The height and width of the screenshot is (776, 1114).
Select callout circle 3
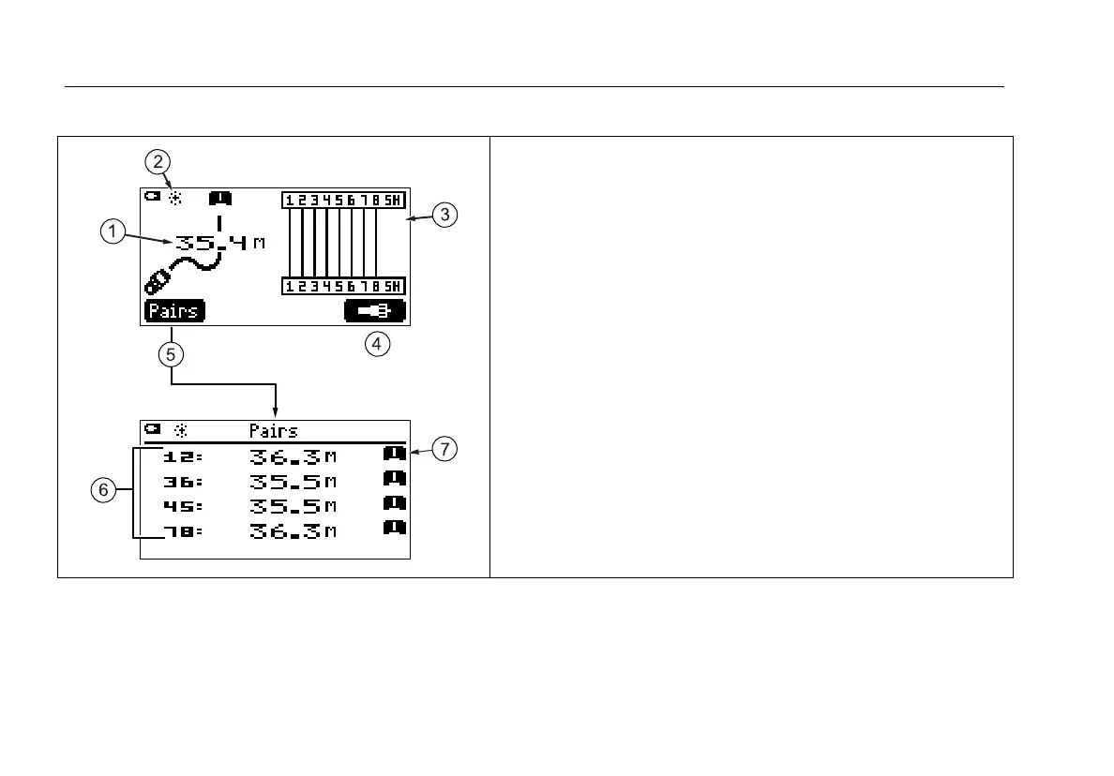445,215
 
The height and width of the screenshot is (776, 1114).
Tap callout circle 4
377,344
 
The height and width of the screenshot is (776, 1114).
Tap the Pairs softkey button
174,311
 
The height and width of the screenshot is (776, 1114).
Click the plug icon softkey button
375,311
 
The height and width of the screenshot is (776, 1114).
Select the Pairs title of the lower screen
274,431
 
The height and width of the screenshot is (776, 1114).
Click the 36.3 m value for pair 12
293,457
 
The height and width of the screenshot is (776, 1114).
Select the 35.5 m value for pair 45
293,506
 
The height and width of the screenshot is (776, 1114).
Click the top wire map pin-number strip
343,200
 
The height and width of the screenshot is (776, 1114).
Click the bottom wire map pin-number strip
343,286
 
